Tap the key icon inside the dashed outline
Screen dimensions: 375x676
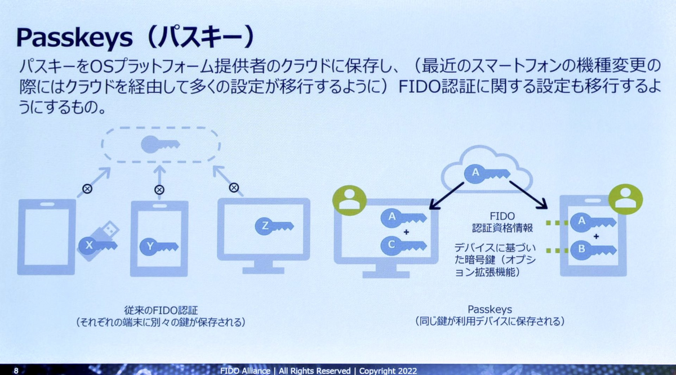(160, 144)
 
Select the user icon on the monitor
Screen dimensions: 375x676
(349, 200)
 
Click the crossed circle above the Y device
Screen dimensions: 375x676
(159, 190)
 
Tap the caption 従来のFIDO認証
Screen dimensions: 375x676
(161, 310)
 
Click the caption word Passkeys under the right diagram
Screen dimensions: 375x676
(489, 310)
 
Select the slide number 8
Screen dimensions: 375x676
(16, 370)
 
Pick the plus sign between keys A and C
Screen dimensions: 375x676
(398, 231)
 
